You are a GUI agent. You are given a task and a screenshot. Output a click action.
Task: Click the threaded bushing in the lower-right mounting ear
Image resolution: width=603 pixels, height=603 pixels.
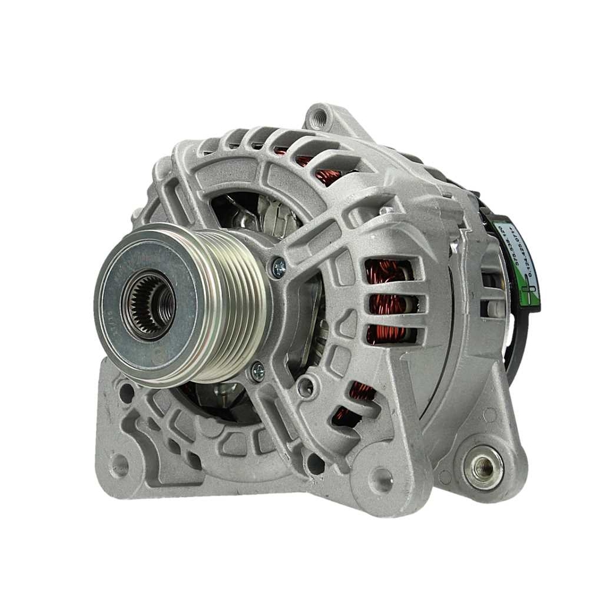485,465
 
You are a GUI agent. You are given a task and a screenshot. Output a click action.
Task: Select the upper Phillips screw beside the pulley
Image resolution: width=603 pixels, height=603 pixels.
278,268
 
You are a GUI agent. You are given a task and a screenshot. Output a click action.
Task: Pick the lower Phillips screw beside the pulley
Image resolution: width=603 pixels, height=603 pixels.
258,372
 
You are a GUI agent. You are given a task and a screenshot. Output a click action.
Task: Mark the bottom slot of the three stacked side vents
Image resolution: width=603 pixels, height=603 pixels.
389,333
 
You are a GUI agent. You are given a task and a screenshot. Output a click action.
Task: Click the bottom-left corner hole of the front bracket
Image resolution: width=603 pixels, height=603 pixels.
119,465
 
